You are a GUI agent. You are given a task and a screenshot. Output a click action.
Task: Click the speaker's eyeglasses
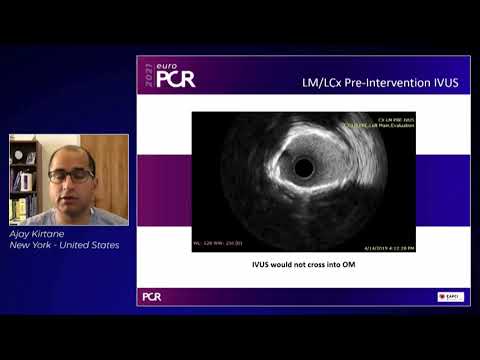point(70,176)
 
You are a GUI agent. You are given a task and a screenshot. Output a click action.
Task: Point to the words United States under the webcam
point(92,245)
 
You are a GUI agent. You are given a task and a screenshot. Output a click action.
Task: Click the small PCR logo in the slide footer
point(151,296)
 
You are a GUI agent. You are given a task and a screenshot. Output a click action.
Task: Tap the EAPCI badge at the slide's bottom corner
point(450,296)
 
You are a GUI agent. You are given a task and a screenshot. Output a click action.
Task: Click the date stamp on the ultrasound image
point(389,246)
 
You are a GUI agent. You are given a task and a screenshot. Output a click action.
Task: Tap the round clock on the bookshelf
point(31,157)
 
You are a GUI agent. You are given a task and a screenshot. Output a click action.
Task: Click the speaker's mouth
point(71,194)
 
